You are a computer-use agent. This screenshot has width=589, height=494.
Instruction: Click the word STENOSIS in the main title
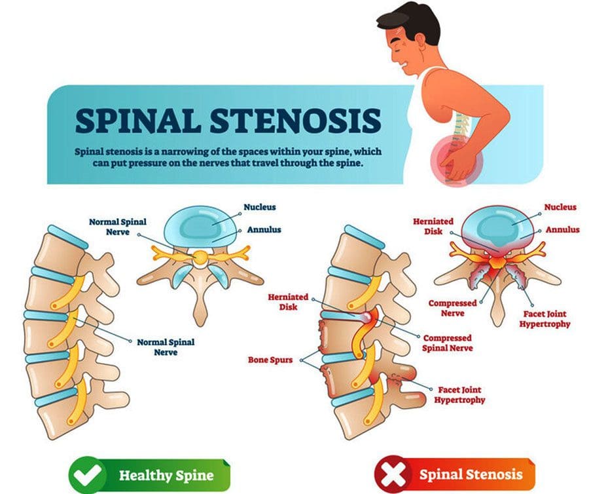click(296, 121)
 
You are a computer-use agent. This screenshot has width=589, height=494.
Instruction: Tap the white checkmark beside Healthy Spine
click(87, 474)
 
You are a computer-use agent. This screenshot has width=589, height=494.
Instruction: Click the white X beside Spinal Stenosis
click(393, 474)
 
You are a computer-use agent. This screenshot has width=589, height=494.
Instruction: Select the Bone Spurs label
click(270, 360)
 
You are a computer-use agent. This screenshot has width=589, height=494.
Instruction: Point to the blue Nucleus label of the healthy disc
click(260, 207)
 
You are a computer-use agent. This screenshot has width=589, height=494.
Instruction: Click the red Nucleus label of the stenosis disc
click(560, 207)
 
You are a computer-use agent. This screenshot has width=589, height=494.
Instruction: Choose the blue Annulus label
click(264, 230)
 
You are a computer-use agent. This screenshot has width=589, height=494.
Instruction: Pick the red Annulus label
click(562, 230)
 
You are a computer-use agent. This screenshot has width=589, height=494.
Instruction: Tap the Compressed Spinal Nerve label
click(447, 343)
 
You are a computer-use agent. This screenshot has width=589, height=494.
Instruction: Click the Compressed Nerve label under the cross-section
click(452, 308)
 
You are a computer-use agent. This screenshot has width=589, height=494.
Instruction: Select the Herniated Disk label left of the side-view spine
click(288, 302)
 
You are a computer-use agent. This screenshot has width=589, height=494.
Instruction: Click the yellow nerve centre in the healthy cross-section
click(202, 257)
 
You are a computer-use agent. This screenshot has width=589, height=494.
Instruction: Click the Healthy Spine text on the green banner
click(166, 475)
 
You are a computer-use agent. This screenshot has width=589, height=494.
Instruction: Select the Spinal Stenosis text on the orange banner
click(471, 474)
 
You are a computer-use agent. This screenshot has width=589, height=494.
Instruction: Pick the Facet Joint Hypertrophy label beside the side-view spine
click(459, 395)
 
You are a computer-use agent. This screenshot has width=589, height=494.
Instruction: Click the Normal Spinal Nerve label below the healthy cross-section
click(166, 347)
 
